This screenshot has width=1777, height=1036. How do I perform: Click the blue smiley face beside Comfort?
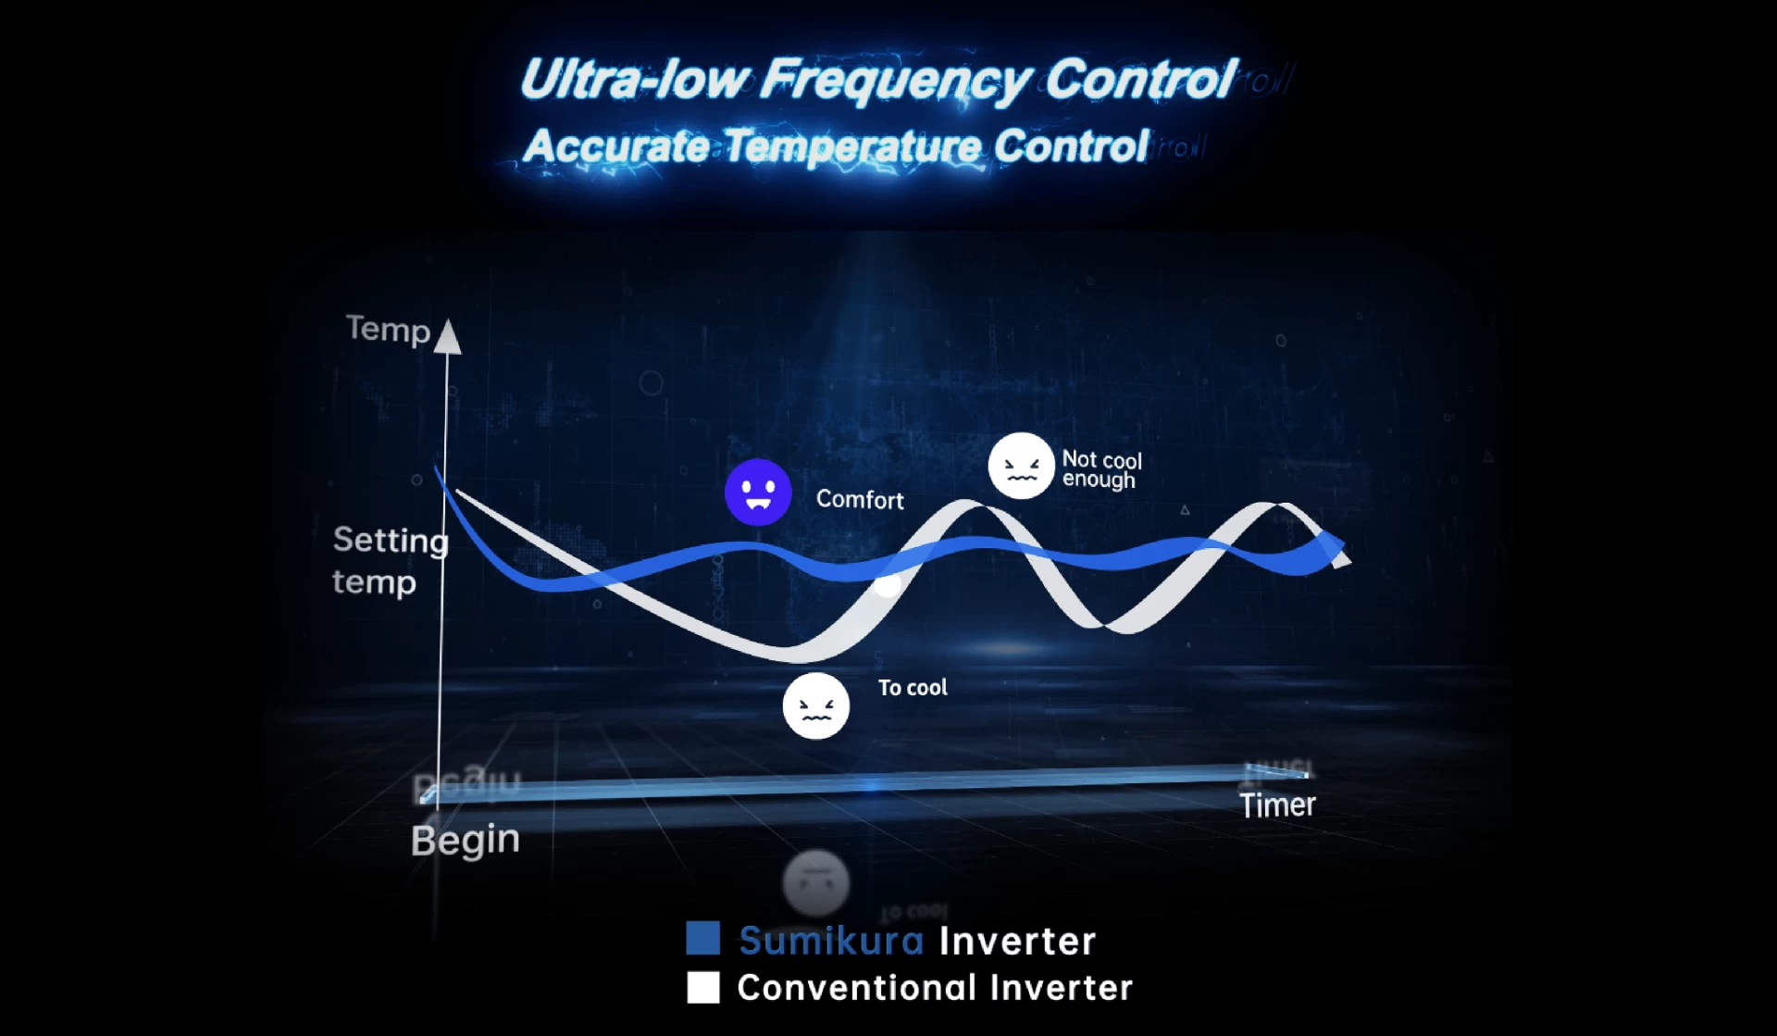pos(758,493)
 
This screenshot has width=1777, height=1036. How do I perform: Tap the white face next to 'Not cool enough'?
pos(1021,466)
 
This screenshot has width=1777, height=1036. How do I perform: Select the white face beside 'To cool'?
pos(815,705)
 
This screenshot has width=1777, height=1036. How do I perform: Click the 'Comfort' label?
pos(860,500)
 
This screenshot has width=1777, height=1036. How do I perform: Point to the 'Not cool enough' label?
pos(1101,469)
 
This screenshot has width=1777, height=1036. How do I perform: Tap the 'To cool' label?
pos(913,688)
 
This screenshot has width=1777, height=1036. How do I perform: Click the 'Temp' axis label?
pos(388,330)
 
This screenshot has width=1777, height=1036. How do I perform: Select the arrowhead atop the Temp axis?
pos(448,336)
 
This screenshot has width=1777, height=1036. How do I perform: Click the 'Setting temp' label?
pos(390,560)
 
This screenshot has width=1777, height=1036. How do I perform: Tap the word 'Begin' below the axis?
pos(465,841)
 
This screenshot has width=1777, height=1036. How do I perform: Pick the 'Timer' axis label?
pos(1277,805)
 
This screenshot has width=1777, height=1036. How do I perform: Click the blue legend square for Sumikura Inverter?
pos(703,938)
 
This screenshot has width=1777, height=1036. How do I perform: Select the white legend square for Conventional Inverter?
pos(703,987)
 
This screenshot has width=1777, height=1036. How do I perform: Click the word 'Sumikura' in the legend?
pos(831,941)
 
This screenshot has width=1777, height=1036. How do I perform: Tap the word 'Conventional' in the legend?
pos(857,988)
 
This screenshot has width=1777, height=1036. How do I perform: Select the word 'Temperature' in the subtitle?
pos(852,147)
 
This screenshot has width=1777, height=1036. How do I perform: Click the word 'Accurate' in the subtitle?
pos(616,146)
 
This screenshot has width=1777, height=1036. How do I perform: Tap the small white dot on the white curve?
pos(887,585)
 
